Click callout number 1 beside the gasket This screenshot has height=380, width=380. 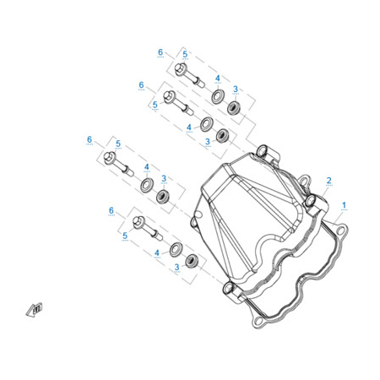pos(344,205)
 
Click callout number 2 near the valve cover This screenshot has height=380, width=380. pos(328,181)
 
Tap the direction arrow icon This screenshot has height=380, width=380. pos(34,310)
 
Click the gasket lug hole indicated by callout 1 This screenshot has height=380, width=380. pos(340,231)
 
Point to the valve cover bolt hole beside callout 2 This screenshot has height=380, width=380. pos(310,201)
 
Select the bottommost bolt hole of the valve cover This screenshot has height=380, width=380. pos(228,288)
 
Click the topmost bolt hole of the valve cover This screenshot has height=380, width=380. pos(263,151)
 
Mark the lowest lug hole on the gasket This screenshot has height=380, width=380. pos(258,321)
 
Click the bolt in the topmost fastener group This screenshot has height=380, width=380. pos(189,75)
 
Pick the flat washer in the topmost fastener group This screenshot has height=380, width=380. pos(218,96)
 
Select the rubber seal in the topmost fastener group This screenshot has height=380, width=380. pos(234,107)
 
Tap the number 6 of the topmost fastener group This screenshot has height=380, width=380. pos(160,52)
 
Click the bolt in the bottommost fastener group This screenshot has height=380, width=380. pos(148,228)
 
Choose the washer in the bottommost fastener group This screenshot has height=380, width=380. pos(176,249)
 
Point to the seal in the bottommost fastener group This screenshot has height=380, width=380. pos(192,261)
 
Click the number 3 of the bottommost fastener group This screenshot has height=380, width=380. pos(176,267)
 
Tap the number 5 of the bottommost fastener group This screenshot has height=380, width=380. pos(125,236)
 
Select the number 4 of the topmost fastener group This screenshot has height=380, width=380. pos(218,78)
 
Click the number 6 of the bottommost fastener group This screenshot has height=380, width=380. pos(111,210)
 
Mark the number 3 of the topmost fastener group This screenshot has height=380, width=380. pos(236,90)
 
